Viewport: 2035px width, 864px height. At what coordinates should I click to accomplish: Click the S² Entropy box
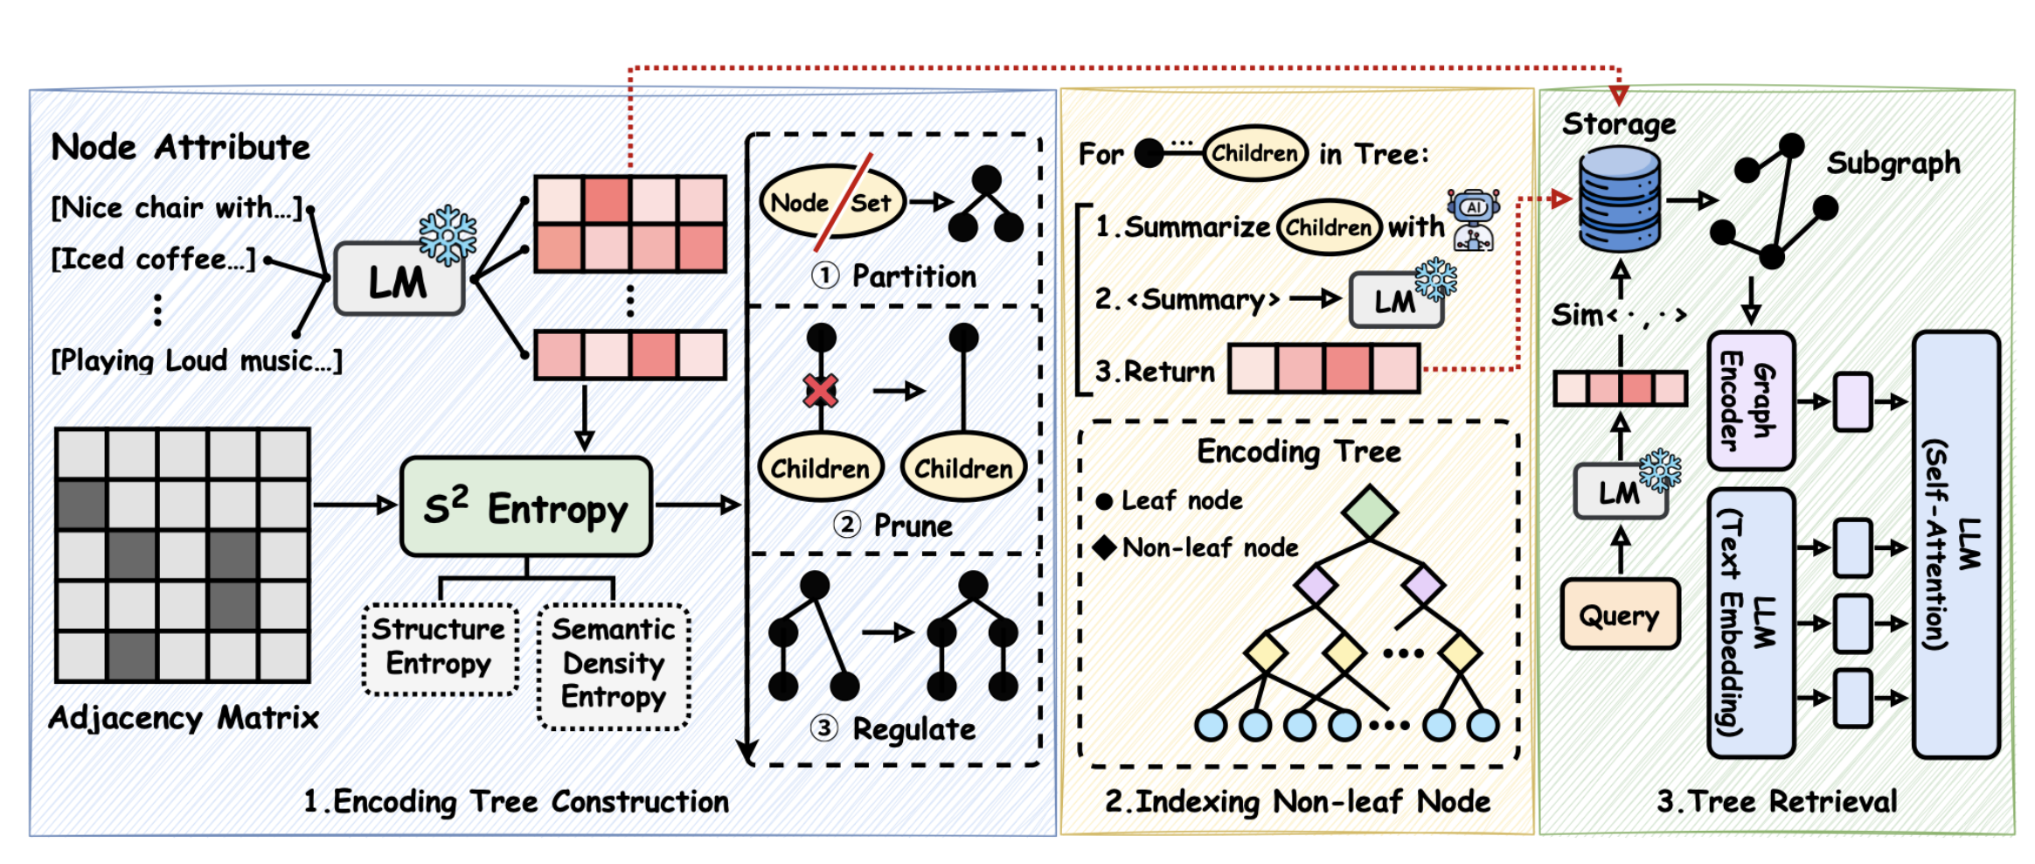525,507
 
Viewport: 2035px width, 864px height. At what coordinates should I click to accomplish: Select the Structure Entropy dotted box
440,647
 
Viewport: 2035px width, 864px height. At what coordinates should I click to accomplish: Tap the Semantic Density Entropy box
614,664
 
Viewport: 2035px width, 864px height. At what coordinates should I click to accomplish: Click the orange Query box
1620,615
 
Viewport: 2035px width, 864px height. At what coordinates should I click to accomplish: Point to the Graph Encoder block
1750,401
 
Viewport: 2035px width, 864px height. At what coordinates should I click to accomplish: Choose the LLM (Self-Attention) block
1955,544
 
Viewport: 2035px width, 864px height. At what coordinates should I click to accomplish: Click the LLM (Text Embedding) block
1750,623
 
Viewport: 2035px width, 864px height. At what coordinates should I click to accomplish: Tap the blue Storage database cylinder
1620,199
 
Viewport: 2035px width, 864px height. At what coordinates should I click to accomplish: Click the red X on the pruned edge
821,390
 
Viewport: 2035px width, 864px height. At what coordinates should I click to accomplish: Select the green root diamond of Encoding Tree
1369,512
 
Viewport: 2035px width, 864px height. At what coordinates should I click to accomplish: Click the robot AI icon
1474,219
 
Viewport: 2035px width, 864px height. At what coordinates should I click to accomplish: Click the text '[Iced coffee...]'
154,260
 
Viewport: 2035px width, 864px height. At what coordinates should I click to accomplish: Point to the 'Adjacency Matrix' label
184,718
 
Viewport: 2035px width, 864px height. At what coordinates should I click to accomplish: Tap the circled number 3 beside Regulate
823,728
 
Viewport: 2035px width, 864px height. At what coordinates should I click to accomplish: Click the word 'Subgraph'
1893,164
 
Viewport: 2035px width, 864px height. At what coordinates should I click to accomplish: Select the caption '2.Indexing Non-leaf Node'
1297,801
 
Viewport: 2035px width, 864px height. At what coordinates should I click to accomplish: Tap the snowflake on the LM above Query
1659,470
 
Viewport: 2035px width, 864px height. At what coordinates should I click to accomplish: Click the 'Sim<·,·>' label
1617,315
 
